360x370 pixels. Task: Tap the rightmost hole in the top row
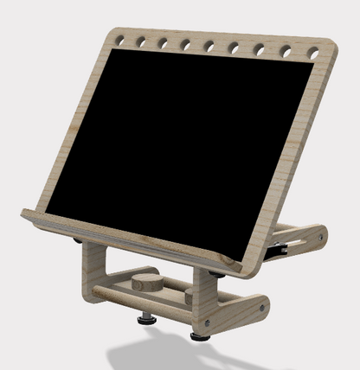coord(313,54)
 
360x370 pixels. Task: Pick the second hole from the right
coord(286,52)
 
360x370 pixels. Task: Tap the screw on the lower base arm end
coord(261,306)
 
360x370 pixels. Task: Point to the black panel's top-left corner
coord(110,50)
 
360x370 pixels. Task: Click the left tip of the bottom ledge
coord(24,213)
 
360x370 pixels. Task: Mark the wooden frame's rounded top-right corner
coord(331,45)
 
